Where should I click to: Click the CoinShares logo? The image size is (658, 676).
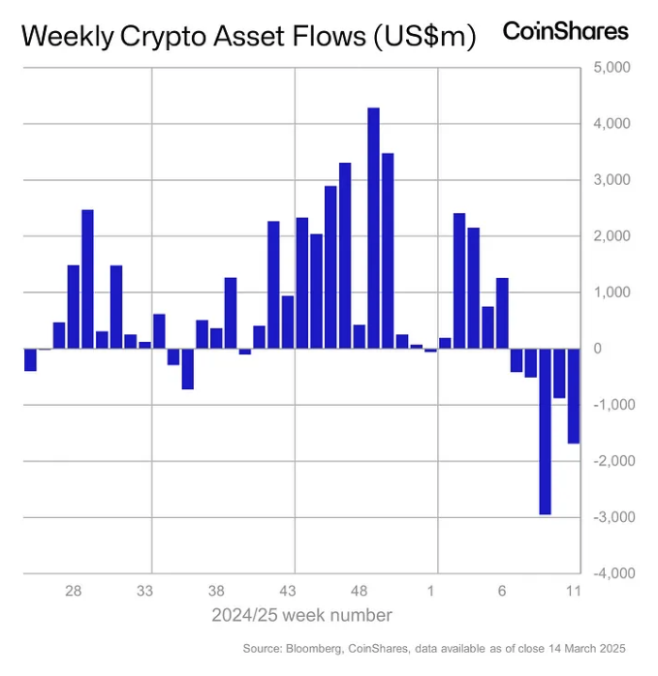tap(564, 31)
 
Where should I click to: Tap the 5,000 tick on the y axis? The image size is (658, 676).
tap(611, 68)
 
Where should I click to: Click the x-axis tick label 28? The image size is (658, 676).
tap(73, 591)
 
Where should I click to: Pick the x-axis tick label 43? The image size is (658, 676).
tap(288, 591)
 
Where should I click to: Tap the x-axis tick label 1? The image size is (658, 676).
tap(431, 591)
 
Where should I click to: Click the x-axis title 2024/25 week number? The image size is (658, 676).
tap(302, 615)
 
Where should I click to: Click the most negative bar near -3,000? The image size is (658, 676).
tap(545, 431)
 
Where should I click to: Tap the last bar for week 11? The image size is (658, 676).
tap(574, 395)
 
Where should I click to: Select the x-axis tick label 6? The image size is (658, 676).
tap(502, 591)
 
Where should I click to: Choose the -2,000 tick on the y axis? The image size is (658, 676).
tap(609, 461)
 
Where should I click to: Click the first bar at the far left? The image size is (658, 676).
tap(30, 359)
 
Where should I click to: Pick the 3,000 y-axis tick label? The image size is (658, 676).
tap(611, 180)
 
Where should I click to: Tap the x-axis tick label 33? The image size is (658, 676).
tap(144, 591)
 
